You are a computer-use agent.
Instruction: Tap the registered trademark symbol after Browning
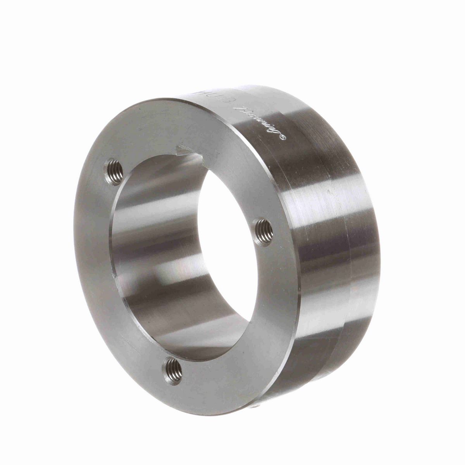pyautogui.click(x=283, y=136)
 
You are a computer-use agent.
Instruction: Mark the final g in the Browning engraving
pyautogui.click(x=276, y=132)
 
